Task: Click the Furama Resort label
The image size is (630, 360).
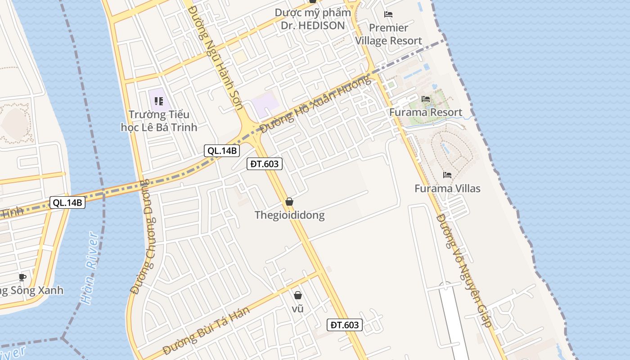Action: point(425,112)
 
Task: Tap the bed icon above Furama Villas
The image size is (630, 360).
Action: point(447,175)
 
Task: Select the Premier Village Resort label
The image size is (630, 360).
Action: point(389,34)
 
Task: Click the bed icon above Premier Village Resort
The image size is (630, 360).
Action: point(388,14)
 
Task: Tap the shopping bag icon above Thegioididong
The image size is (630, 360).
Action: point(289,202)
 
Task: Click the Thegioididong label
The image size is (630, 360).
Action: point(289,215)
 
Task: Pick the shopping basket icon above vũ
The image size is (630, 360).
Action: point(297,295)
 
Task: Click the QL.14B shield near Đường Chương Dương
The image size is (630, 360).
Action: point(67,203)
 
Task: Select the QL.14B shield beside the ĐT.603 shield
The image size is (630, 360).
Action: point(221,151)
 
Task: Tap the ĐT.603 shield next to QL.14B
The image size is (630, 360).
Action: point(265,164)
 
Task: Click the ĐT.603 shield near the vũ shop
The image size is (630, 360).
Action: point(344,325)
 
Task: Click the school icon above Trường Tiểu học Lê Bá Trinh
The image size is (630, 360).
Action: point(158,101)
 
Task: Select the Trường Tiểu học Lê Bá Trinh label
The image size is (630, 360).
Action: point(159,121)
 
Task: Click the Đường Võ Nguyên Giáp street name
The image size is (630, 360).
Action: point(464,270)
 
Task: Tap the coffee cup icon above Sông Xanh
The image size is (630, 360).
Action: point(22,277)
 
